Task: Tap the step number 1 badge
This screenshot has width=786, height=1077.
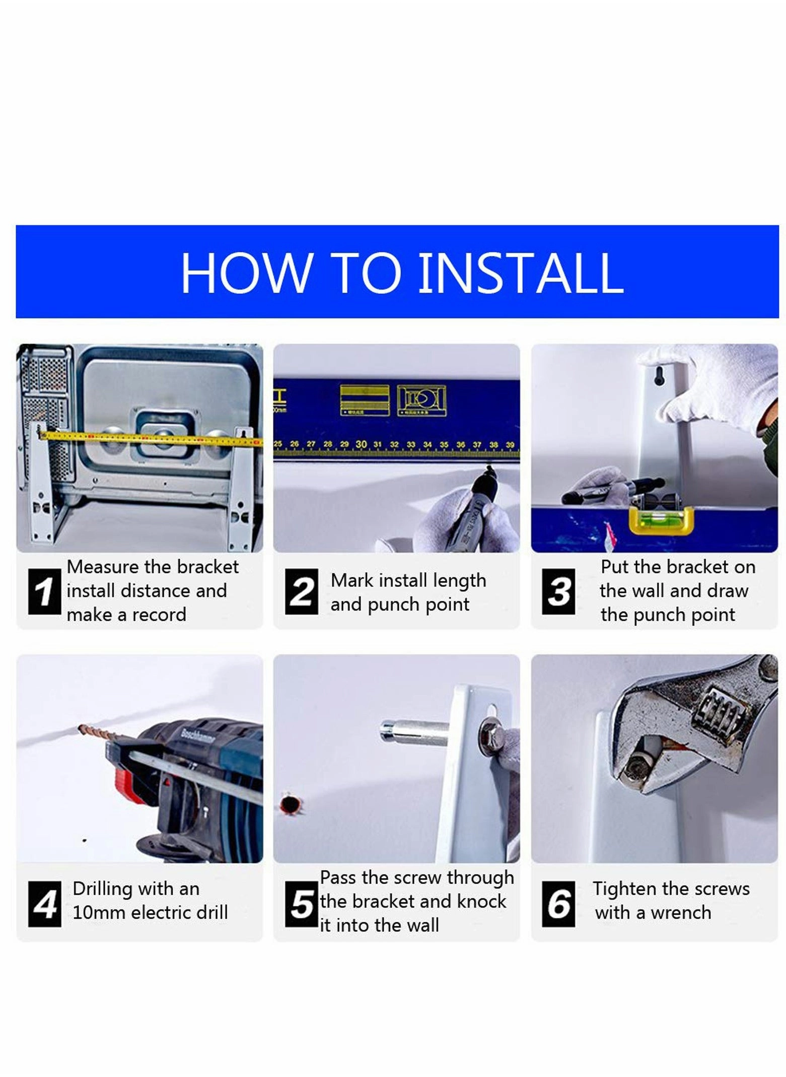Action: (x=44, y=591)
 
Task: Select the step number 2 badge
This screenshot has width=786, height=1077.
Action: (x=301, y=591)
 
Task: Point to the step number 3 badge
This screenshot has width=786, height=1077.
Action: (x=558, y=591)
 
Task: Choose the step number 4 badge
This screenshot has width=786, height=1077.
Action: (x=44, y=904)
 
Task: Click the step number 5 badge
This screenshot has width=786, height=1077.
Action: (x=301, y=904)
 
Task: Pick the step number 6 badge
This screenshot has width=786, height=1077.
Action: (x=558, y=904)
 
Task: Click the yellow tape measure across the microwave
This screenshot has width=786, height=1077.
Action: (x=151, y=438)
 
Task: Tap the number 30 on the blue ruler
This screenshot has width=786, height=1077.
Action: (x=361, y=444)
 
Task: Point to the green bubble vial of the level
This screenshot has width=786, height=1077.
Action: (x=661, y=515)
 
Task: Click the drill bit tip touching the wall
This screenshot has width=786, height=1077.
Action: (x=81, y=726)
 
